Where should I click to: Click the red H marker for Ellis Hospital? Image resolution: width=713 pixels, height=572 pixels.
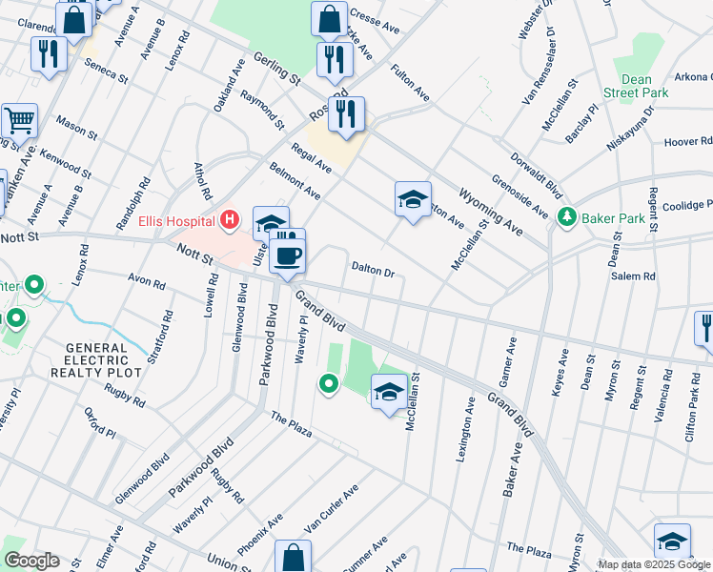(229, 221)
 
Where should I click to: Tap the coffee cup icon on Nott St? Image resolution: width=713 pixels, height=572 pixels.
(287, 255)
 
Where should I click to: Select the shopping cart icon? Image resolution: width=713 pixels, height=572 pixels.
(18, 121)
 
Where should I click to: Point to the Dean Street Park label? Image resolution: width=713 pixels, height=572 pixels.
(635, 84)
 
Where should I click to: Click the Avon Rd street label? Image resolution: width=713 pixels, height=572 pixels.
(146, 283)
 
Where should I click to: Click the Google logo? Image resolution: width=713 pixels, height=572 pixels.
(31, 561)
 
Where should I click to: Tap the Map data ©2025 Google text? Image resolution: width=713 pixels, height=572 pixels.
(654, 564)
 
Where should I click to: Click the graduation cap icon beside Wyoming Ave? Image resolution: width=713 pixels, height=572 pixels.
(413, 200)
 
